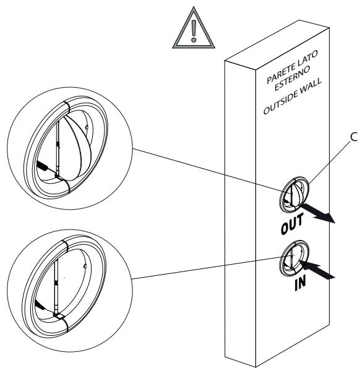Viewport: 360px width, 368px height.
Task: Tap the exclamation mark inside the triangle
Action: click(194, 31)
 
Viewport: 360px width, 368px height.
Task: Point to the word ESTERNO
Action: click(292, 78)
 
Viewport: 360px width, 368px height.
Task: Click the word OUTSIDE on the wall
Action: click(278, 103)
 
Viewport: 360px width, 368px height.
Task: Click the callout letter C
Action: click(354, 137)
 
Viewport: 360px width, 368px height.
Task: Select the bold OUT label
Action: click(292, 223)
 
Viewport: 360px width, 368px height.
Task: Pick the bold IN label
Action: click(300, 282)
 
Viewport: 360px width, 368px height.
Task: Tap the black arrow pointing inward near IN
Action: click(316, 270)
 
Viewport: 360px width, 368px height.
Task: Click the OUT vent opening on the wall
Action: click(294, 195)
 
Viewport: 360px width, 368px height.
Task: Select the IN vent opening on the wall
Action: click(294, 258)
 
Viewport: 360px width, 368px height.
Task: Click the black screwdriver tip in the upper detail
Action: click(43, 165)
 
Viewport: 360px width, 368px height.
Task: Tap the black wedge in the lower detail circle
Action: click(40, 304)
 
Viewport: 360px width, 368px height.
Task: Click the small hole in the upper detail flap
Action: click(87, 127)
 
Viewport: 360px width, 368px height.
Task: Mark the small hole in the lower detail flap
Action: click(85, 266)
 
